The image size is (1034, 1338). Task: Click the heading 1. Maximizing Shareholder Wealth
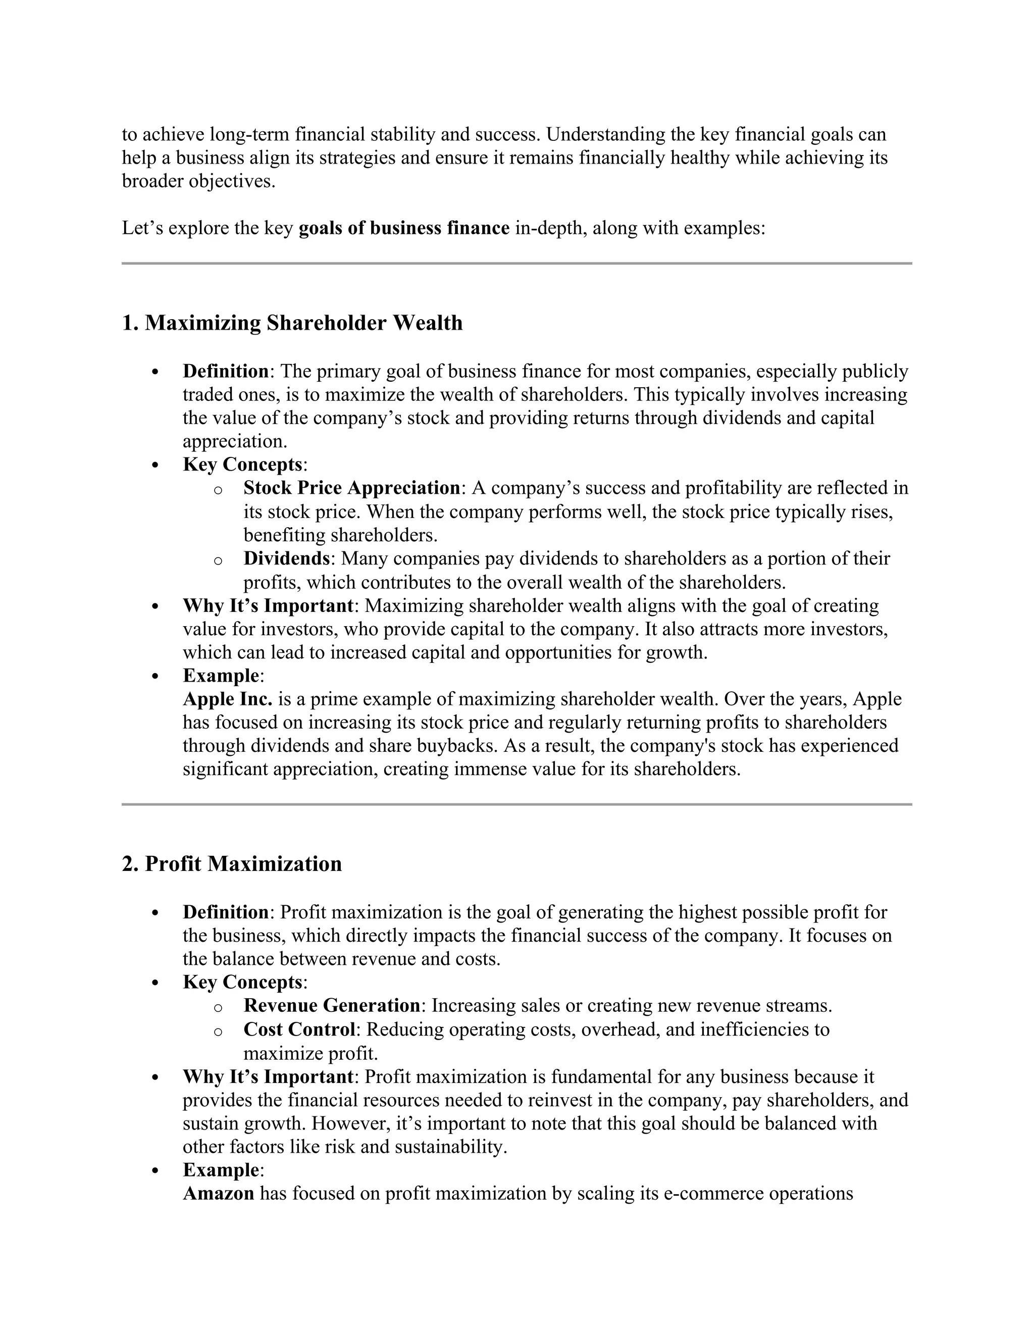pos(292,323)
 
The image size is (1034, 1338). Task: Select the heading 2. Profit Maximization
pos(232,864)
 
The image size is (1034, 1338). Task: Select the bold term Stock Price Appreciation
pos(351,488)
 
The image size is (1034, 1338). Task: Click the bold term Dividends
pos(287,559)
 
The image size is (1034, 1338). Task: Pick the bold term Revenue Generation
pos(331,1005)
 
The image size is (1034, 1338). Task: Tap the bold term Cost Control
pos(299,1029)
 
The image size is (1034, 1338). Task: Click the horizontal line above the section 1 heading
pos(516,264)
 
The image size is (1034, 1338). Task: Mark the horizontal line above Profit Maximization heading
pos(516,804)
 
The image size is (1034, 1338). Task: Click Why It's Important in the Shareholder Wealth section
pos(268,606)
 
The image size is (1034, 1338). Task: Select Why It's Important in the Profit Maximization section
pos(268,1077)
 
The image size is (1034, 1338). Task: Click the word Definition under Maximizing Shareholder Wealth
pos(225,371)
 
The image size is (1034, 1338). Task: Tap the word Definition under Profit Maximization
pos(225,912)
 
